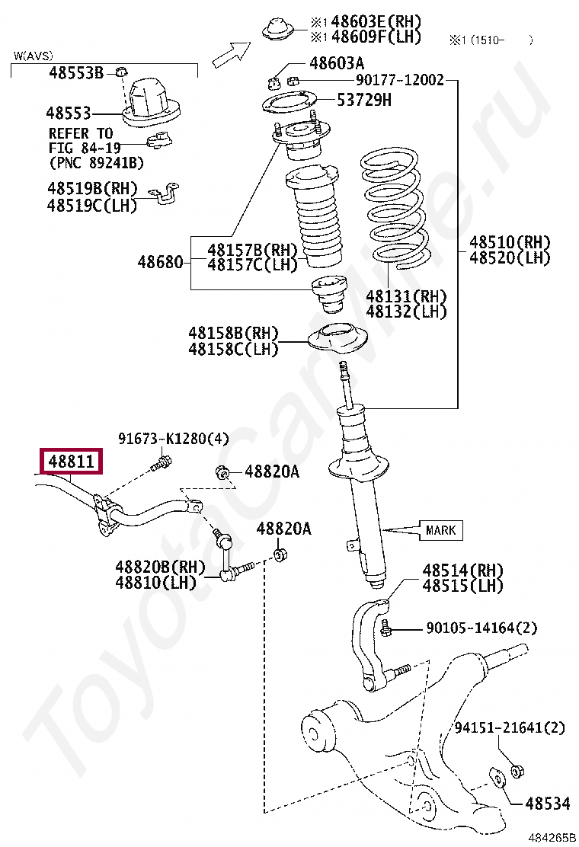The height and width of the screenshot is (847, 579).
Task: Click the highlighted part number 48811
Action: click(72, 462)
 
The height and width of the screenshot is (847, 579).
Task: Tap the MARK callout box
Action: click(440, 529)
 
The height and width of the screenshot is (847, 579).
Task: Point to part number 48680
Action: click(160, 263)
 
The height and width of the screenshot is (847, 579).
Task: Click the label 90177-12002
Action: click(399, 79)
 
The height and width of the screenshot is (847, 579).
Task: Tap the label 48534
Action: click(546, 803)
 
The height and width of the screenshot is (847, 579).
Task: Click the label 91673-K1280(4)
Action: click(173, 439)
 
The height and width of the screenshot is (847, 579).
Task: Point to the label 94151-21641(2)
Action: click(510, 728)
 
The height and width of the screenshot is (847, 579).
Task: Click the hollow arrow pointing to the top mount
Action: click(231, 53)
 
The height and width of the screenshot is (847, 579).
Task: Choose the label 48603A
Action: click(337, 64)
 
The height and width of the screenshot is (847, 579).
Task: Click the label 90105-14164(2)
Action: click(481, 628)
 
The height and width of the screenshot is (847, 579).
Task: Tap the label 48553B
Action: click(75, 73)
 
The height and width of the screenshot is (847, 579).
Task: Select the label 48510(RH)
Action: click(509, 243)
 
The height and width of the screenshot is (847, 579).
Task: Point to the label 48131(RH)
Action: click(406, 296)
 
